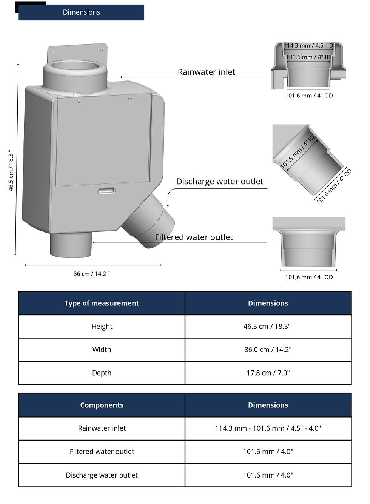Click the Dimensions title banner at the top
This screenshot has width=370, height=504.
point(81,12)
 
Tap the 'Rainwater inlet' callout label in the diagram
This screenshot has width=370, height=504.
point(207,72)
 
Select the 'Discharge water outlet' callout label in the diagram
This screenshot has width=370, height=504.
point(220,182)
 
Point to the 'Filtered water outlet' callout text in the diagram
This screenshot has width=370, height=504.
point(194,237)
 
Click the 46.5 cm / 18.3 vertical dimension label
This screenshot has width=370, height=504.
point(11,171)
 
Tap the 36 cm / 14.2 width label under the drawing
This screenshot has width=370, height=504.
point(92,274)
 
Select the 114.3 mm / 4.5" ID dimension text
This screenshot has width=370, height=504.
point(308,45)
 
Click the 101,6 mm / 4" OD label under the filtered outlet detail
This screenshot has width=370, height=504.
point(309,277)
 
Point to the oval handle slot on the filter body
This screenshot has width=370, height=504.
point(106,191)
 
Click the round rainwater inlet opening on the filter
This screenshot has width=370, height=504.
point(75,66)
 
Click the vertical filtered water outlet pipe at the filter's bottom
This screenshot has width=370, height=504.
point(71,245)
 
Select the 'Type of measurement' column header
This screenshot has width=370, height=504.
point(102,303)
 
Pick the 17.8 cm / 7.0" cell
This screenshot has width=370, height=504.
point(268,373)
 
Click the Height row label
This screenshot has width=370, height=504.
point(102,326)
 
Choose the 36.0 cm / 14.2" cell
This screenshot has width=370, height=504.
point(268,350)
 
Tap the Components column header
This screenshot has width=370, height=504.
point(102,405)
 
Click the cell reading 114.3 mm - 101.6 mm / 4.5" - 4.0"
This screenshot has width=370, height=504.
point(268,428)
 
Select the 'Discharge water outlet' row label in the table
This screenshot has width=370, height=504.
point(102,475)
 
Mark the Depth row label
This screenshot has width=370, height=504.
point(102,373)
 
